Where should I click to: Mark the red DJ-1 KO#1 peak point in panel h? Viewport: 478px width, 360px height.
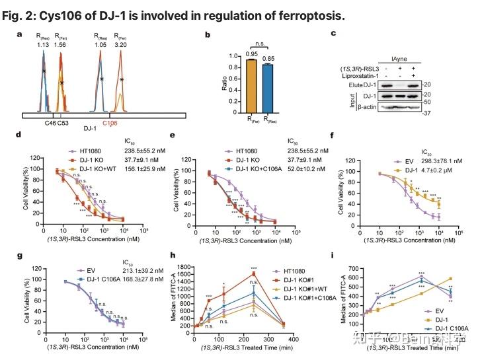[x=253, y=273]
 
